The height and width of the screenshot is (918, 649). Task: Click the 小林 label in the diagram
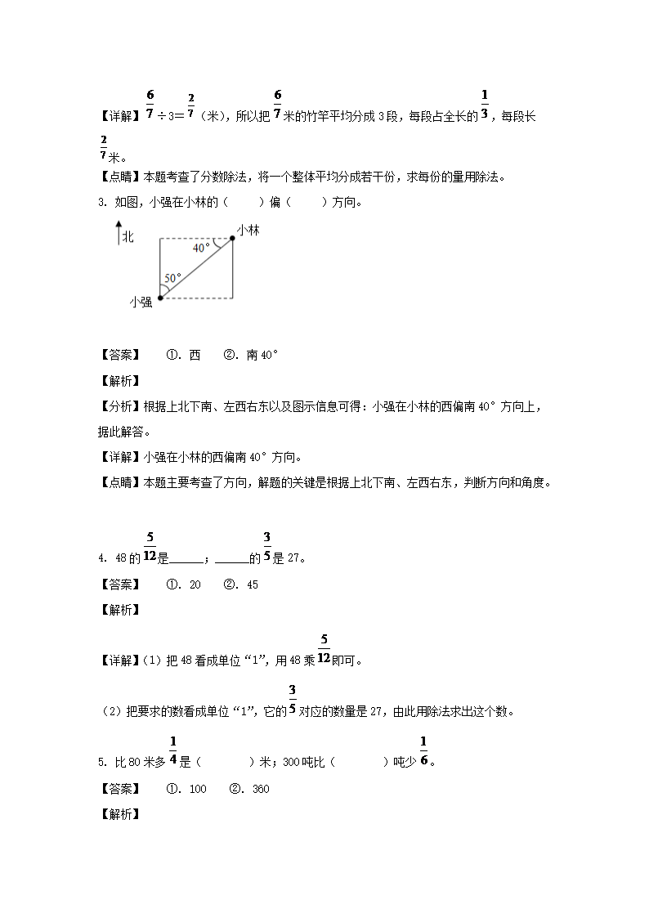[248, 231]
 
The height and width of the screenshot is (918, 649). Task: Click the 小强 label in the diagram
[141, 302]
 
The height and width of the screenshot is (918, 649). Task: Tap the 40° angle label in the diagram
[201, 247]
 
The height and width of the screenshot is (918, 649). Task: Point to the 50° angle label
[172, 278]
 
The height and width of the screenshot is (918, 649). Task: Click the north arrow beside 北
[118, 234]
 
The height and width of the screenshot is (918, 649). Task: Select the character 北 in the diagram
[128, 237]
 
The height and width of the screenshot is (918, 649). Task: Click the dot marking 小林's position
[232, 239]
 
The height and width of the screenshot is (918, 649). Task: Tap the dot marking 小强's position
[159, 298]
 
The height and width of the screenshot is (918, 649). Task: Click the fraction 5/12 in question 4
[150, 548]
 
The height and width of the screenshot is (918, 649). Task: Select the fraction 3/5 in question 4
[266, 548]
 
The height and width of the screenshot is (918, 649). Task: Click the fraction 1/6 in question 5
[423, 752]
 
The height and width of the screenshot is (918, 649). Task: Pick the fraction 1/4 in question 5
[173, 752]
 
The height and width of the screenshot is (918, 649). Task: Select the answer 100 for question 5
[198, 789]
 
